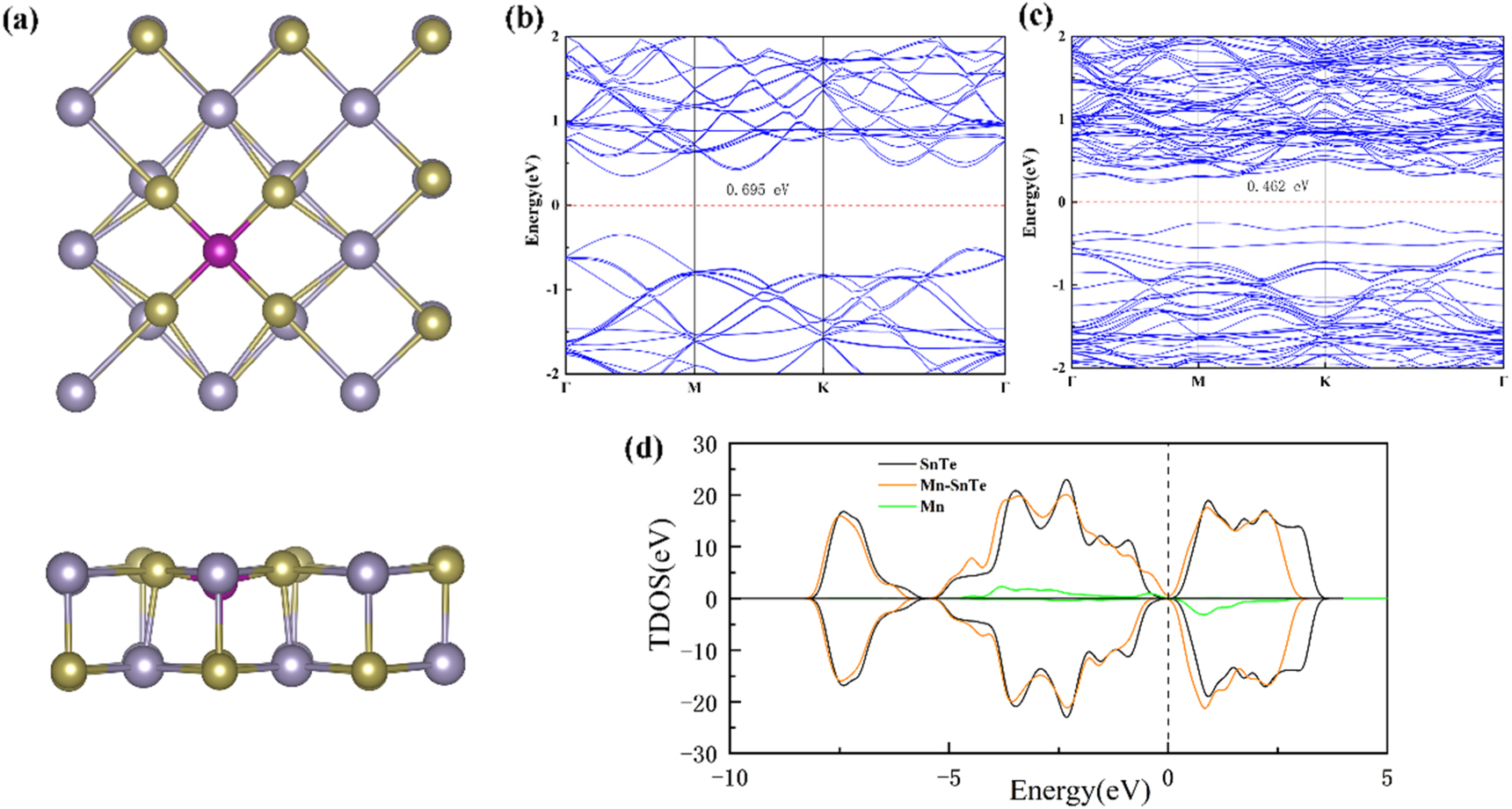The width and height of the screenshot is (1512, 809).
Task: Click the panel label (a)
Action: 20,19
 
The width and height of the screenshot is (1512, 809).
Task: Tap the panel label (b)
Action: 525,18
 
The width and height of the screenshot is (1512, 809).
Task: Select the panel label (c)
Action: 1036,16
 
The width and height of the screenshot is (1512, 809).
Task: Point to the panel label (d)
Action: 643,448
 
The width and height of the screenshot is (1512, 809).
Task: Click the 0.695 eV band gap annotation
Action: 757,190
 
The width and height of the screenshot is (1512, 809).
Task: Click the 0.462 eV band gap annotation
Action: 1277,186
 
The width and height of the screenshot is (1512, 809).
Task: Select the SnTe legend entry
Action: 938,464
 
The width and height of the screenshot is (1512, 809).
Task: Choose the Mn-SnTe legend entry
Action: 953,485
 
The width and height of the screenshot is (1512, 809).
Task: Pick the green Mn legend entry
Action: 932,507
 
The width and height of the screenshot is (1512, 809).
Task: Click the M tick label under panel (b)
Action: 694,388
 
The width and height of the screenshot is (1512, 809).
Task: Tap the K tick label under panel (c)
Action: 1325,382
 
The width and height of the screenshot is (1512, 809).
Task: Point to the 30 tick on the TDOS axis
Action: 704,445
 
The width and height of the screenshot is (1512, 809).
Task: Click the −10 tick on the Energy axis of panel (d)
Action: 729,778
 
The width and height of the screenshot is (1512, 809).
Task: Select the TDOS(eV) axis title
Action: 661,585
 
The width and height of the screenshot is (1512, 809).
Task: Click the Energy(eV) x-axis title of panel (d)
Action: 1079,791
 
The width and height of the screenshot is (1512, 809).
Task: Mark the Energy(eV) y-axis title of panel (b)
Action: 532,200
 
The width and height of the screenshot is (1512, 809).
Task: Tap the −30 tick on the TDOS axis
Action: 699,754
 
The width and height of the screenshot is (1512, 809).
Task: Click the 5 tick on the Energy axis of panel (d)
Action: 1386,778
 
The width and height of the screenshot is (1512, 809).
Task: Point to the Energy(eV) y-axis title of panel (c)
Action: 1029,193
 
